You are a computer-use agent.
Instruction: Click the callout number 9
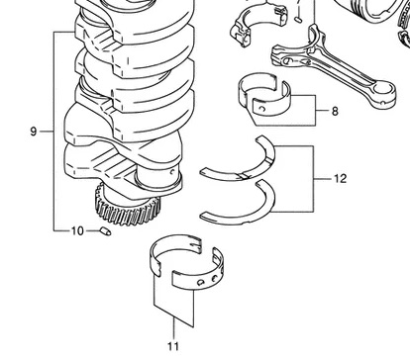(x=34, y=132)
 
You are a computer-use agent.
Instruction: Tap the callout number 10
(x=77, y=231)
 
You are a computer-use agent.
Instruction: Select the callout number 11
(x=173, y=346)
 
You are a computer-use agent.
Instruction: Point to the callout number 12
(x=341, y=179)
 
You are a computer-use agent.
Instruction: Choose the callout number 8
(x=335, y=112)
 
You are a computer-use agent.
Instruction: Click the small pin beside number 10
(x=105, y=231)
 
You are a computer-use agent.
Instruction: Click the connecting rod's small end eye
(x=383, y=93)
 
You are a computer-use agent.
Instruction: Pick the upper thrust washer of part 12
(x=243, y=165)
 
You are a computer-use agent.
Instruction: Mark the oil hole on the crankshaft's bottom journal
(x=172, y=172)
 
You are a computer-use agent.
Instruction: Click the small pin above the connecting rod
(x=298, y=20)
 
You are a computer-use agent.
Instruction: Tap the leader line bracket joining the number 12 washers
(x=313, y=179)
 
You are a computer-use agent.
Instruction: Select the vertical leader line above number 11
(x=173, y=328)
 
